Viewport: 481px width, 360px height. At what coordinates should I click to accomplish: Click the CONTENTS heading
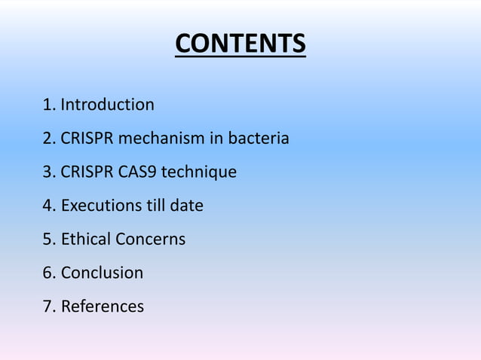point(240,44)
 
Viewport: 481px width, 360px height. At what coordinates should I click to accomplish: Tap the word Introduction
point(107,105)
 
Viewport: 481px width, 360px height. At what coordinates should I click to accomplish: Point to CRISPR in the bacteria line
point(87,139)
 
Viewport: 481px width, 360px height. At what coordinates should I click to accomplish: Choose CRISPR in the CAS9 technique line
point(87,172)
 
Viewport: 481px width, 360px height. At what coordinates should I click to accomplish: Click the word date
point(187,205)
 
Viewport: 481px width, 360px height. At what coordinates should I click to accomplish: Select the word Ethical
point(85,239)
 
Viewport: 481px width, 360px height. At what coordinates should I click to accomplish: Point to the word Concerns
point(150,239)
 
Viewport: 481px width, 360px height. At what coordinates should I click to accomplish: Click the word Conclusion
point(102,273)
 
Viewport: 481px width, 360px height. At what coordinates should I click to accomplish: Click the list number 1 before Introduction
point(48,105)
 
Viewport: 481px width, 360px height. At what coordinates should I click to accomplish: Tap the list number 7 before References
point(48,307)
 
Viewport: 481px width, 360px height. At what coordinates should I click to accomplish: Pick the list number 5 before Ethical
point(48,239)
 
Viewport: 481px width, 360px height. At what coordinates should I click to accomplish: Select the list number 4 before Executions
point(48,205)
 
